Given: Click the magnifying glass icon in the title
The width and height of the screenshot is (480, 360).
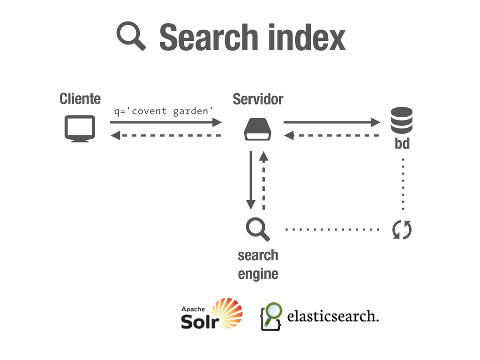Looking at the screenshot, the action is (132, 37).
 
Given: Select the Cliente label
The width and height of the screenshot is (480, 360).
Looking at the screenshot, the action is (80, 99).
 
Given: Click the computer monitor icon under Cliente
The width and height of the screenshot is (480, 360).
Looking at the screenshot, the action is (80, 128).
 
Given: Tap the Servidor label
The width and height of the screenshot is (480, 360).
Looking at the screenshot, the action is (258, 99).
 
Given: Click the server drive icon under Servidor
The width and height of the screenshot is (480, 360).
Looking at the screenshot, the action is (257, 129).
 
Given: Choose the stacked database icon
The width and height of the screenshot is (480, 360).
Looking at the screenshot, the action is (402, 120).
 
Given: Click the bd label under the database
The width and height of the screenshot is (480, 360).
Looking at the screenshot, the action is (402, 144).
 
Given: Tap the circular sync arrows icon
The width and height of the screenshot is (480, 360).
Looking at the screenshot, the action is (402, 230).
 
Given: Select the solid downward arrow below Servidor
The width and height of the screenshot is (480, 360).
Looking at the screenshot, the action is (251, 180).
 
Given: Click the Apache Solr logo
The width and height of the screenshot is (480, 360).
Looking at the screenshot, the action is (212, 314).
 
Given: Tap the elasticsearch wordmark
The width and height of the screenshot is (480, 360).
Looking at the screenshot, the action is (332, 316).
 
